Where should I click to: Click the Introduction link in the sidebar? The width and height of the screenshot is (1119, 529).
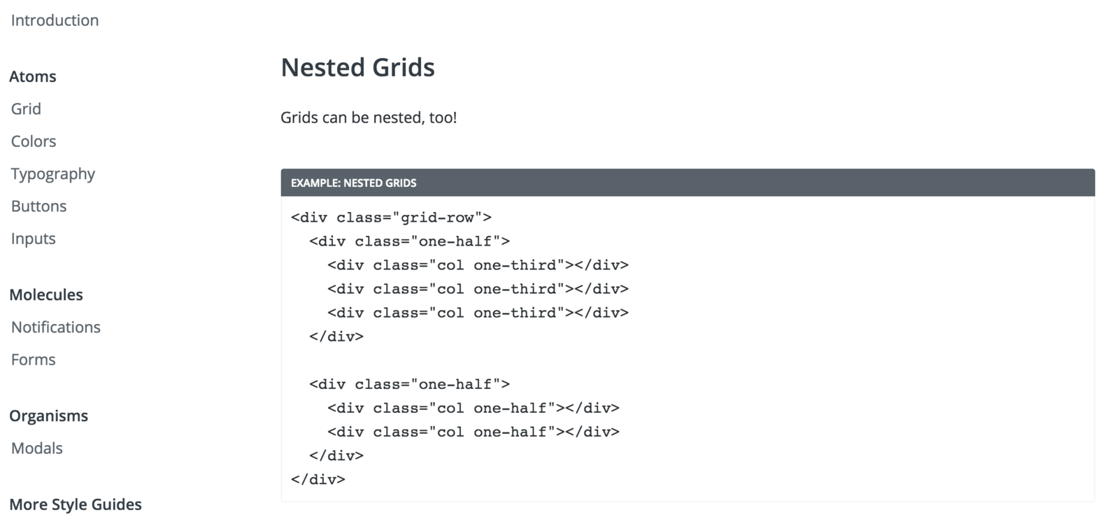coord(55,20)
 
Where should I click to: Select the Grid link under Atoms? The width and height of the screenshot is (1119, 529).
coord(26,108)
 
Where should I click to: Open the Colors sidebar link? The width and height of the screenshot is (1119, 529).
coord(34,141)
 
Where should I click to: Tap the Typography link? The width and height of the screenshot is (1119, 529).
coord(53,174)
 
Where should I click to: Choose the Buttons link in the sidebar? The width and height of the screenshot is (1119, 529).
coord(39,206)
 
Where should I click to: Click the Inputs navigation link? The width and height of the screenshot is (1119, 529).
coord(34,239)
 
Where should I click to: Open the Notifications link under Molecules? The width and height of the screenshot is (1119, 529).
coord(56,327)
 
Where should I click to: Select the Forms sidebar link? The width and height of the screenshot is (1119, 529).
coord(34,360)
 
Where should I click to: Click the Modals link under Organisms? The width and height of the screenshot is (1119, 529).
coord(37,448)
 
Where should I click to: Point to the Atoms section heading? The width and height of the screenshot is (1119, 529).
coord(33,76)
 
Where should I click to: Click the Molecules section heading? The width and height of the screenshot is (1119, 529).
coord(46,295)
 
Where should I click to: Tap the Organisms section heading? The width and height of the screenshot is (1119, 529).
coord(49,416)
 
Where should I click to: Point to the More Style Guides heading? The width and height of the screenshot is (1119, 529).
coord(76,505)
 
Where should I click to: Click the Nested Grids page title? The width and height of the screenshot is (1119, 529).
coord(357,67)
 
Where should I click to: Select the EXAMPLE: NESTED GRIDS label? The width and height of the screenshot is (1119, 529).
coord(353,183)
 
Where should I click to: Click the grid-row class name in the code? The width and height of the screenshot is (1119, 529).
coord(437,218)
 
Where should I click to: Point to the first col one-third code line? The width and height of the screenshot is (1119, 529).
coord(478,265)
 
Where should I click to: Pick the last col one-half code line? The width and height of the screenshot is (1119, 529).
coord(473,432)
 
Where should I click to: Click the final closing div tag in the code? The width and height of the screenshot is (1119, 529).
coord(318,479)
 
